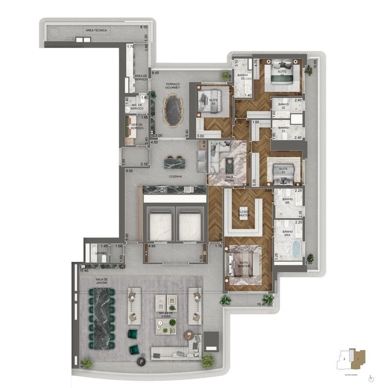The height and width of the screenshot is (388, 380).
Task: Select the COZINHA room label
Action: click(175, 177)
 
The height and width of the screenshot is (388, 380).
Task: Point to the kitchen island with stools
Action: click(175, 161)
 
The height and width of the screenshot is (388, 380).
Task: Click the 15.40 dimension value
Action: click(261, 304)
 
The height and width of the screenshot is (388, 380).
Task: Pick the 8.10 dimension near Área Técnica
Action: click(143, 27)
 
